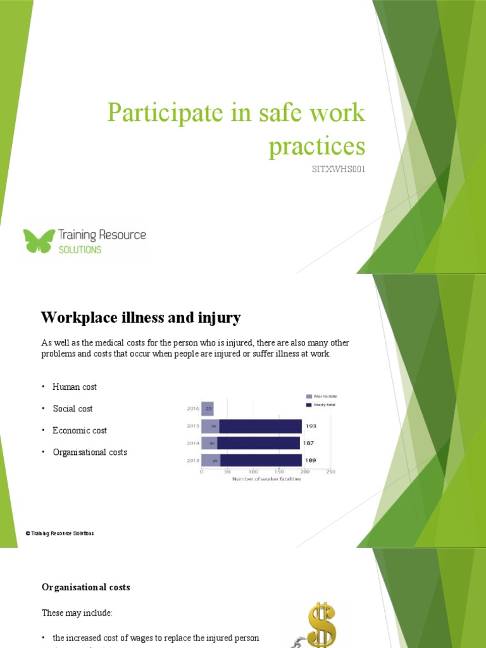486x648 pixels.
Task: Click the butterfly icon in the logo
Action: [39, 240]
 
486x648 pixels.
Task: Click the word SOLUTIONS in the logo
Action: [79, 249]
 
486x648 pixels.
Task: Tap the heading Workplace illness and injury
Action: [140, 316]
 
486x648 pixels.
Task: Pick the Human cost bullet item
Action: [74, 387]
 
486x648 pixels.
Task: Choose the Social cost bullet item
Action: [73, 409]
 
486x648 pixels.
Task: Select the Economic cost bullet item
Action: [80, 430]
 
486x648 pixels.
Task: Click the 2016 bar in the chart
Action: [208, 409]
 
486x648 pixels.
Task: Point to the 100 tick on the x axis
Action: [253, 471]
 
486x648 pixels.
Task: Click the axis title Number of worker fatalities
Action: [267, 479]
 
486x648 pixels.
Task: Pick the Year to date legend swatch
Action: [309, 396]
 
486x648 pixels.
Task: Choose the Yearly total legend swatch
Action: [309, 404]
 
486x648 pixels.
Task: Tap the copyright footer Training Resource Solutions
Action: [60, 533]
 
